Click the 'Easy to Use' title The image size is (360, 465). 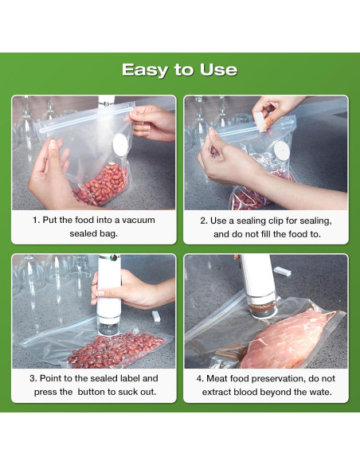point(180,70)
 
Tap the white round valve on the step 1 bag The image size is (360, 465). point(120,143)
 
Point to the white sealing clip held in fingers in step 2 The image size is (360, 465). point(260,122)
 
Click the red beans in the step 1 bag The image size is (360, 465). point(101,185)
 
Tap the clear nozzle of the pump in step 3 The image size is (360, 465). point(108,326)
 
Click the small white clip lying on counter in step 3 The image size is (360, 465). point(156,316)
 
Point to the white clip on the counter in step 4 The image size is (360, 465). point(282,271)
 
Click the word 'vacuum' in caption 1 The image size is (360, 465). point(139,220)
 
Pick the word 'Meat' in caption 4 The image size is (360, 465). point(217,379)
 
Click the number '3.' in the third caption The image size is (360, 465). point(33,378)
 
